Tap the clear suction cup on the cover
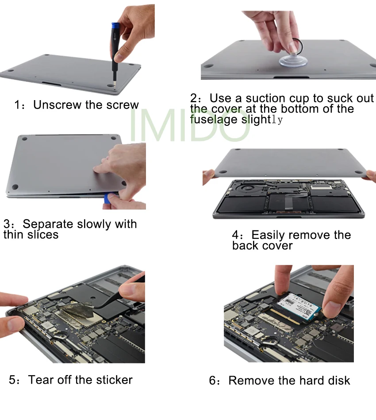coord(293,61)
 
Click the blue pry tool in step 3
coord(107,199)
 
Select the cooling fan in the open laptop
coord(246,188)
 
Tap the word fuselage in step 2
coord(214,120)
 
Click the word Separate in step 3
coord(48,224)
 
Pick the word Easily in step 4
coord(268,235)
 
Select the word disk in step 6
coord(339,381)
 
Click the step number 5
coord(12,380)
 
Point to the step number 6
coord(213,381)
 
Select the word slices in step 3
coord(43,235)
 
